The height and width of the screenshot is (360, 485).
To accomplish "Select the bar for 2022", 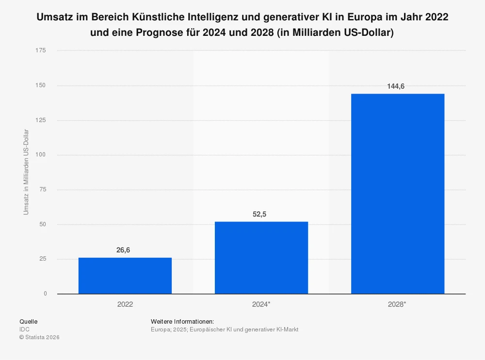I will [x=125, y=275].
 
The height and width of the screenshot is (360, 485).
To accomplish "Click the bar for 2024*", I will [x=261, y=257].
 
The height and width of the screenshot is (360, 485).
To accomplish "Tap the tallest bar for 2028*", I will [x=397, y=193].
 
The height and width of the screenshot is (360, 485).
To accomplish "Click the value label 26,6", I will [x=125, y=250].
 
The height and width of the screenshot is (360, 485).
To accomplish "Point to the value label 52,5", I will [x=261, y=214].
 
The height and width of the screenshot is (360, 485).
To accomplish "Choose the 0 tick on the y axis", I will [x=45, y=294].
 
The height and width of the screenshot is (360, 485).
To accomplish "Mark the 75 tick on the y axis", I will [x=43, y=189].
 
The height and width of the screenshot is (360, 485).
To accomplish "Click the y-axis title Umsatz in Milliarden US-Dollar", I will [x=26, y=172].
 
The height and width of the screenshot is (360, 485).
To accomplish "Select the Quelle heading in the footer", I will [x=28, y=321].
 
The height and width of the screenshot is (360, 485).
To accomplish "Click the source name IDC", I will [x=24, y=329].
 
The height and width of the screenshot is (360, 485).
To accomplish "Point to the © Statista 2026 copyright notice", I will [x=39, y=338].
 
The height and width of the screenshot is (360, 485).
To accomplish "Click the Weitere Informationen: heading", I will [x=182, y=321].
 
